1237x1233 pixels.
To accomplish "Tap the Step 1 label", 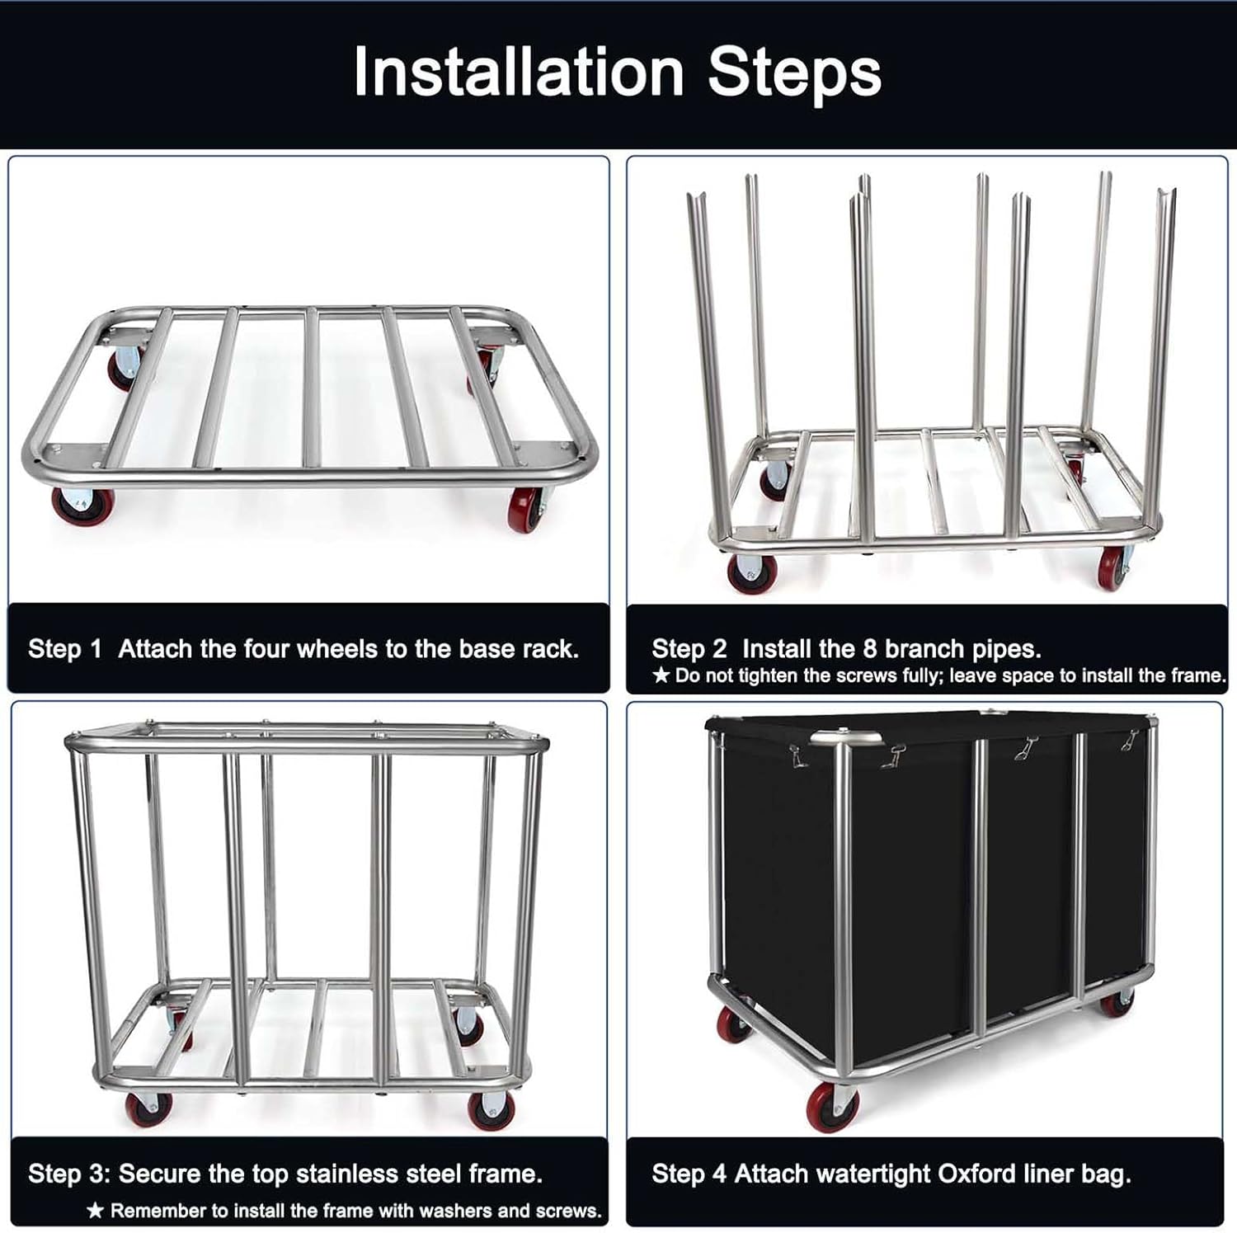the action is tap(64, 649).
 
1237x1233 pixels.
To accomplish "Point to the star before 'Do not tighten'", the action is tap(661, 676).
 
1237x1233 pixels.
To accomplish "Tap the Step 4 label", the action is tap(689, 1174).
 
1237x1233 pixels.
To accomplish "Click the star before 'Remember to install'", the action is tap(96, 1211).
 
